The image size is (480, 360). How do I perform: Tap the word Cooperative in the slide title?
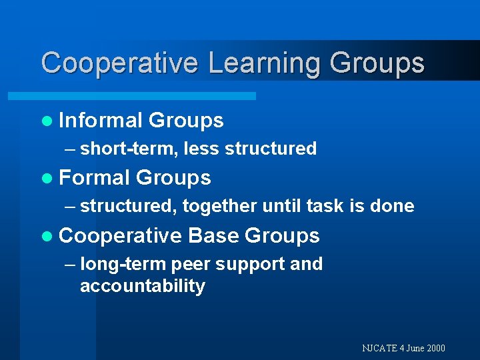pos(119,63)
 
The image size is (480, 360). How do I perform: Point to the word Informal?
pos(101,121)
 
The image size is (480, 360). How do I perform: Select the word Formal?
pos(94,178)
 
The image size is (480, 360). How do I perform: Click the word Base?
pos(213,235)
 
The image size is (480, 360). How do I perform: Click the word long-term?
pos(123,265)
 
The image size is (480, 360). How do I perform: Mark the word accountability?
pos(142,286)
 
